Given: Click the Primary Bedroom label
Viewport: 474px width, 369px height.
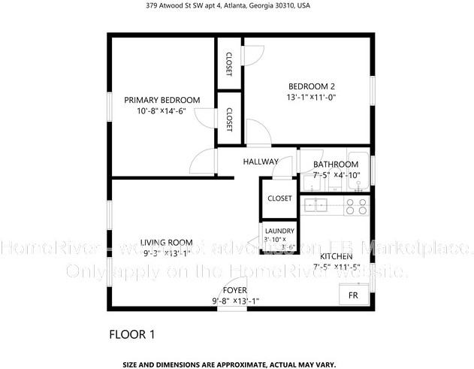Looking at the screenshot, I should pos(162,100).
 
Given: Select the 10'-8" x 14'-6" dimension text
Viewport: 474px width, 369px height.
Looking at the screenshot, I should pos(162,112).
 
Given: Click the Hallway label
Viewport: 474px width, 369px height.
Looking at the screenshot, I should pos(261,162).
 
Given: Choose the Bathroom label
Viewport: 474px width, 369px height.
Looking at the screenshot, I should pos(336,165).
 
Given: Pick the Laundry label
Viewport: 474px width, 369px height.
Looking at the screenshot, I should pos(280,231).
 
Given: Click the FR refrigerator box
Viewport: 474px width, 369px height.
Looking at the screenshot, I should pos(353,295).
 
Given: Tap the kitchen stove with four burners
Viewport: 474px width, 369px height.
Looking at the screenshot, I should pos(357,206).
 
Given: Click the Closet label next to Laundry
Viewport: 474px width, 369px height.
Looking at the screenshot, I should pos(279,198).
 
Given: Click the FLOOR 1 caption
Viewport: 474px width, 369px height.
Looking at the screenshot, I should pos(132,333).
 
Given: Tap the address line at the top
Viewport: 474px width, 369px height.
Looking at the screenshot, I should pos(237,5).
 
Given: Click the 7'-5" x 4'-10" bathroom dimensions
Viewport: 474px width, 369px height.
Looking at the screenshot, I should pos(337,176).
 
